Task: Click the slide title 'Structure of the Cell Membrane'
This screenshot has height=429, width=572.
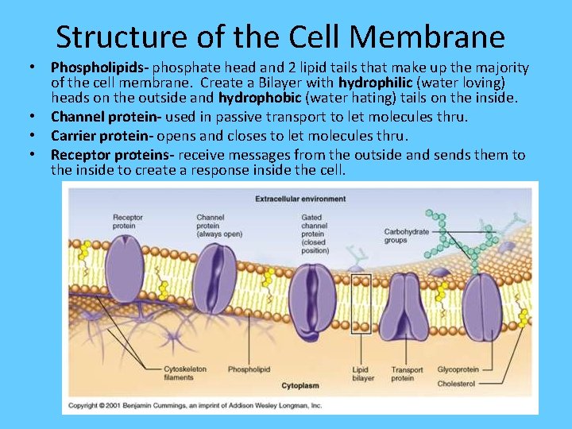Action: point(280,37)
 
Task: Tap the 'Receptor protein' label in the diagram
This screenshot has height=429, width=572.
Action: point(127,222)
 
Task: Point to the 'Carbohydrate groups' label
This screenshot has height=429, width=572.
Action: point(407,235)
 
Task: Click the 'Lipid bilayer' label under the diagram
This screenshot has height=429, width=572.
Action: point(362,373)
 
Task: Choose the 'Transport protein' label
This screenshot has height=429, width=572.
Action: point(407,373)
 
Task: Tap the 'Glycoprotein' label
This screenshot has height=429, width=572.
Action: point(458,369)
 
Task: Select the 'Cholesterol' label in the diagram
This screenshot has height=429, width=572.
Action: point(455,384)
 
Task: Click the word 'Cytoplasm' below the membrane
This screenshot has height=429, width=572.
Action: point(300,386)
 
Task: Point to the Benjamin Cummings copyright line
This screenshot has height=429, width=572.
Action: point(195,405)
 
